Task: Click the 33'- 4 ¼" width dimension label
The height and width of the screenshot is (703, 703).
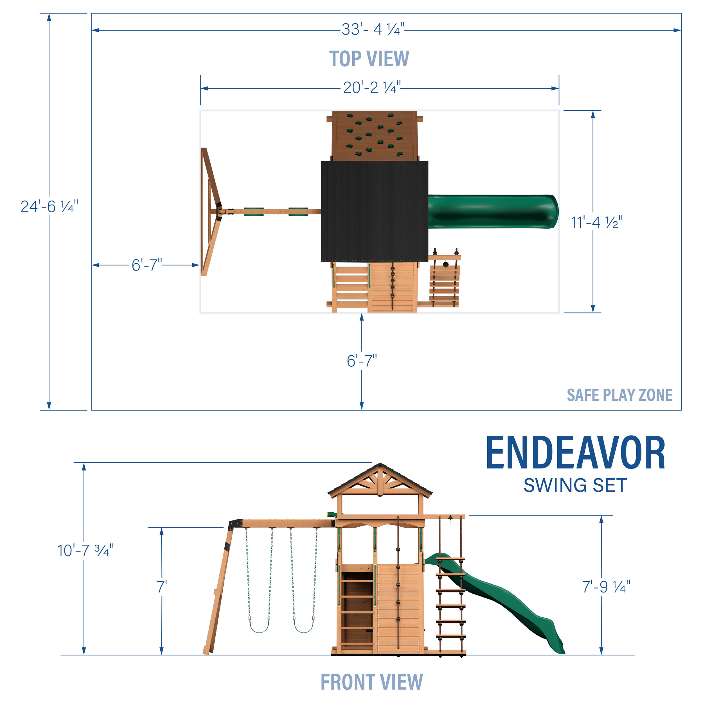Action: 373,30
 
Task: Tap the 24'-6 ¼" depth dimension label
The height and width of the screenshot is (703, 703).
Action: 49,207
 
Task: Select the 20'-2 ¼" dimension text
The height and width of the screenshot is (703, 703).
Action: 372,88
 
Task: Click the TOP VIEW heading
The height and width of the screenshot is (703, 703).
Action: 369,59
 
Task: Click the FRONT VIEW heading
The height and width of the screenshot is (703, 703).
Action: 371,682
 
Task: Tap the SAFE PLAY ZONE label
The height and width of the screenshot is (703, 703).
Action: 619,395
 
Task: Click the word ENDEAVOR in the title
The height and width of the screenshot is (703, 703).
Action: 576,453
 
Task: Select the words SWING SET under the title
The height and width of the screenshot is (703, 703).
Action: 575,485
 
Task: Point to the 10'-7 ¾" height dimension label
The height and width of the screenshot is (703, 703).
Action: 85,551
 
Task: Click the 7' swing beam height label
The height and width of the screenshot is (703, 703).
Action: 162,587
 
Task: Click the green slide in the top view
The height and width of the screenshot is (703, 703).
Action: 493,212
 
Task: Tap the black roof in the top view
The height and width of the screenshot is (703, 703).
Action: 375,211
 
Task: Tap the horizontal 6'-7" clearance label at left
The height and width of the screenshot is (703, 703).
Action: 147,265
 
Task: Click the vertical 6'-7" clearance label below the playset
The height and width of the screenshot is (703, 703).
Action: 362,361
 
